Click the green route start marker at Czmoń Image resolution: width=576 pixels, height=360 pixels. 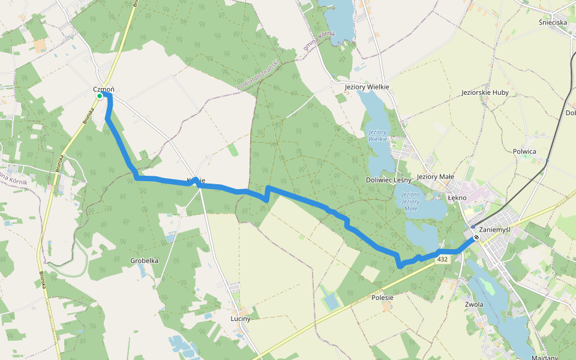click(100, 95)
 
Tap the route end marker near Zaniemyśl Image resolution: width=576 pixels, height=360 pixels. click(476, 238)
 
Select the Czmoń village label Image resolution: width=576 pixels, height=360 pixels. click(103, 89)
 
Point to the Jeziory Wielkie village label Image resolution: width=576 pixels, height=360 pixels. click(367, 87)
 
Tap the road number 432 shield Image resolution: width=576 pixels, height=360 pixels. click(442, 259)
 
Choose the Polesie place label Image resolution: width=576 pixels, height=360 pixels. click(382, 297)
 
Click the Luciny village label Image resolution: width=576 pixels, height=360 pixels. click(240, 319)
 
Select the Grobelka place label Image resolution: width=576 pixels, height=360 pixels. click(144, 260)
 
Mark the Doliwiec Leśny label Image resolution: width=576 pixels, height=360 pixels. click(388, 180)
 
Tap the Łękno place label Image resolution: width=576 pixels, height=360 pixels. click(457, 197)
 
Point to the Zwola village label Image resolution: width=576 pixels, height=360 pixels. click(474, 304)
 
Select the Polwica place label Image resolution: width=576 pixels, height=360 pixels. click(524, 151)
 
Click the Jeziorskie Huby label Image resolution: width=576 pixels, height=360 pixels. click(485, 93)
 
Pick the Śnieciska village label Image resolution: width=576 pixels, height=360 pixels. click(553, 22)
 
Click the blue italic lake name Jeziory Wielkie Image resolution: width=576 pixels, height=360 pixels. click(377, 135)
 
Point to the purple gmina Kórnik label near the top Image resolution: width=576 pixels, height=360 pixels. click(319, 42)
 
